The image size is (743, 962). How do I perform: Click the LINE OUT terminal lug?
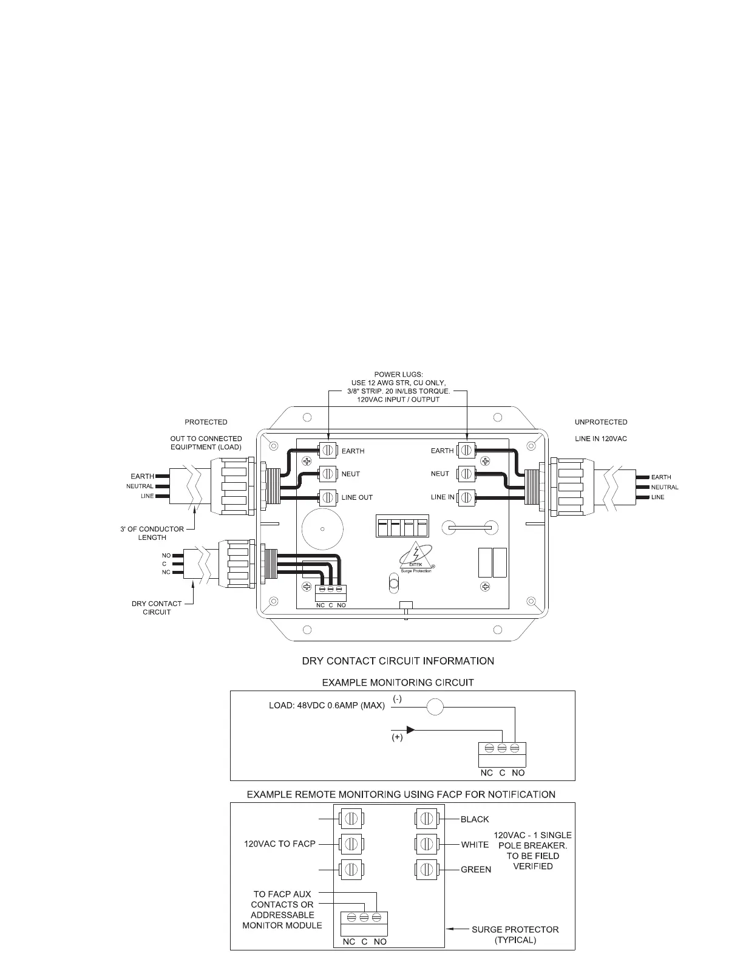[x=328, y=497]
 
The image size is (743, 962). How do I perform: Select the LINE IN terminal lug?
[x=466, y=497]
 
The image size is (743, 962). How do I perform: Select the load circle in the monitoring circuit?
[x=434, y=708]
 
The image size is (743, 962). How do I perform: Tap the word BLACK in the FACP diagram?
[x=475, y=819]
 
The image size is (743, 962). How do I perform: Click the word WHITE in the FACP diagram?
[x=475, y=844]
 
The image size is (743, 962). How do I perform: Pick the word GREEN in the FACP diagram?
[x=476, y=870]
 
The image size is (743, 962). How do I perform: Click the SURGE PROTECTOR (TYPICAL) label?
[x=515, y=934]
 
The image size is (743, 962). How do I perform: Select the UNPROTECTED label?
[x=601, y=422]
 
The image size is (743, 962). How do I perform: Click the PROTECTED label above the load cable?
[x=206, y=422]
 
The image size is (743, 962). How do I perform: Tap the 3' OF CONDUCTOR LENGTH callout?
[x=152, y=533]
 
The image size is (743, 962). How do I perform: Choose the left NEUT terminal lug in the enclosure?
[x=328, y=474]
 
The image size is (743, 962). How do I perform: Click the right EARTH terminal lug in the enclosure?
[x=466, y=451]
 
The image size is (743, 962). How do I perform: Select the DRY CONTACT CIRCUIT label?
[x=157, y=608]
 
